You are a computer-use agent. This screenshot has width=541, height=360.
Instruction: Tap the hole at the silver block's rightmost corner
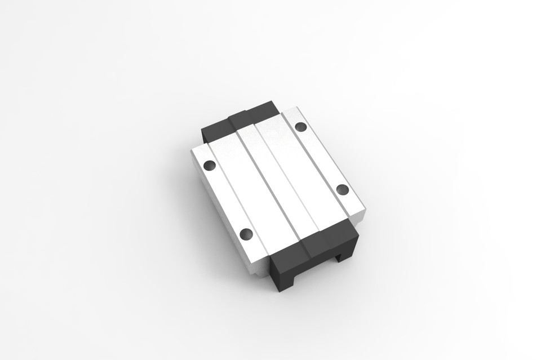(x=343, y=189)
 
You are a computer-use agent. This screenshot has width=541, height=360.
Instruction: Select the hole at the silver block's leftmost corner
(x=210, y=165)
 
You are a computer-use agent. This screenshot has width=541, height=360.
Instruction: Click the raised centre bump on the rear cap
(x=250, y=114)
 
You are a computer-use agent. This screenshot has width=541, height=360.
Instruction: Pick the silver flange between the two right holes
(x=321, y=157)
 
